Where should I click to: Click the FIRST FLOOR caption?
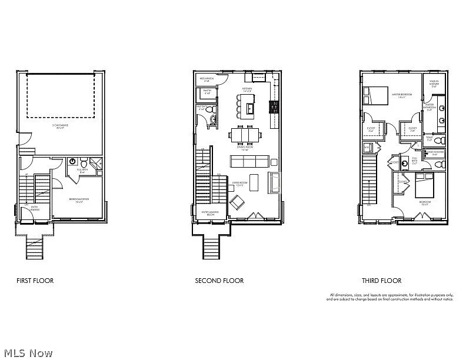coord(35,281)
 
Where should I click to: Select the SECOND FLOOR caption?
coord(219,281)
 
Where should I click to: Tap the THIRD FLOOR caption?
coord(381,281)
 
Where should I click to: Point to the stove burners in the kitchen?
coord(273,107)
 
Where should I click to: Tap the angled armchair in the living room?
coord(238,204)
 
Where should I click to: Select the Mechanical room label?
coord(207,79)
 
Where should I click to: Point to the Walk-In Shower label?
coord(434,82)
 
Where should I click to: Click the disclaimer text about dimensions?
coord(391,297)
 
